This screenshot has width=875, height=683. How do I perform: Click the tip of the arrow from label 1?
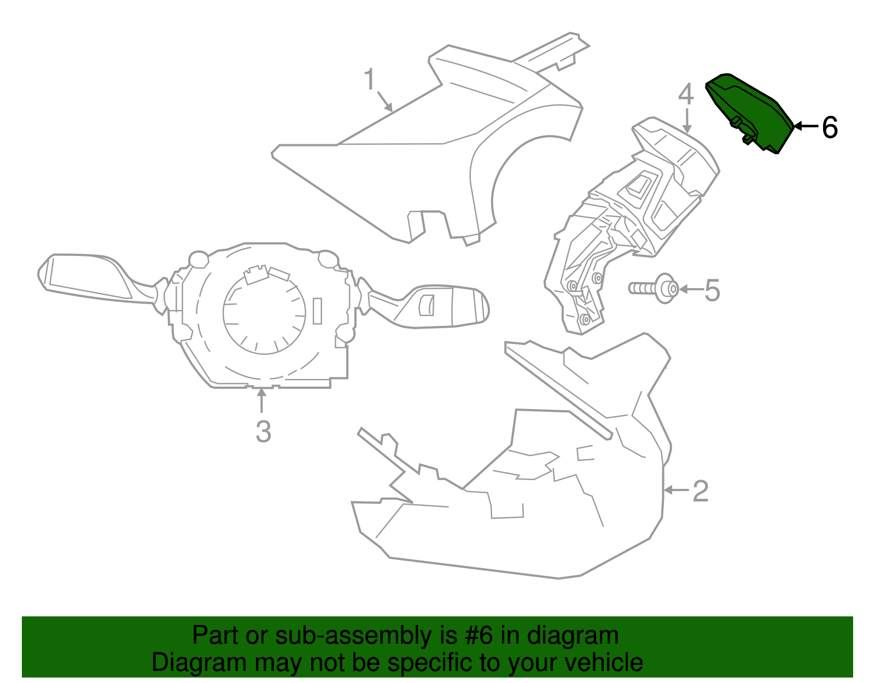(392, 111)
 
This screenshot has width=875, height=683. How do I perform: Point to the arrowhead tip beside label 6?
(794, 126)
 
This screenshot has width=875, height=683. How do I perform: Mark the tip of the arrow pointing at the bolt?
(679, 289)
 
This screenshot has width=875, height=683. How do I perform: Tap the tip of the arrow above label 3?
(261, 388)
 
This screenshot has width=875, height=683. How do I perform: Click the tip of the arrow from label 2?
(663, 490)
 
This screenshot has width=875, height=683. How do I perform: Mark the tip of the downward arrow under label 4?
(687, 133)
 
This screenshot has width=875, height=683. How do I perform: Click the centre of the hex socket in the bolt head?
(671, 289)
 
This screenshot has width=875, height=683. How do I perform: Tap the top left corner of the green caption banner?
(22, 616)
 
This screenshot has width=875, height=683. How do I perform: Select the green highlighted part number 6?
(750, 114)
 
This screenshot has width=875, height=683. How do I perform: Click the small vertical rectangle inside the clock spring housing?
(317, 311)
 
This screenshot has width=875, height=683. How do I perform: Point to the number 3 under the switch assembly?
(264, 431)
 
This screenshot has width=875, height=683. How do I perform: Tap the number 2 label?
(701, 491)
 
